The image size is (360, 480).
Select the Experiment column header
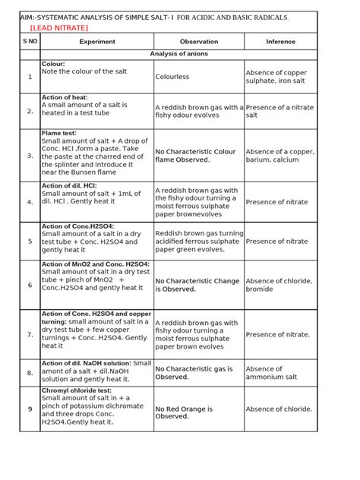pos(97,43)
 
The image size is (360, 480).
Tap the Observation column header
pos(198,43)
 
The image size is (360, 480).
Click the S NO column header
pos(30,43)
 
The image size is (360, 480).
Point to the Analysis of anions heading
pos(179,54)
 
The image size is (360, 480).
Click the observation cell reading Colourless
pos(172,77)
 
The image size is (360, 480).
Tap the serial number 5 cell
pos(30,242)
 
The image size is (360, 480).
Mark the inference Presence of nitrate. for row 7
pos(278,334)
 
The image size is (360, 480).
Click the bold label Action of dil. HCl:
pos(72,185)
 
